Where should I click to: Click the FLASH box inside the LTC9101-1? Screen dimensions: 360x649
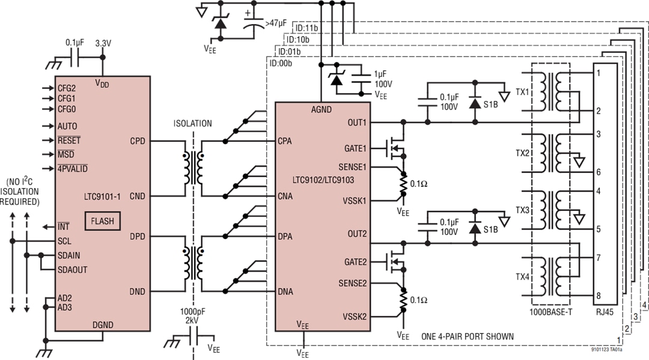pyautogui.click(x=103, y=221)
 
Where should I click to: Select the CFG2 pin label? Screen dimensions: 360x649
pyautogui.click(x=67, y=87)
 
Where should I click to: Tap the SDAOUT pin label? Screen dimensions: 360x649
pyautogui.click(x=73, y=270)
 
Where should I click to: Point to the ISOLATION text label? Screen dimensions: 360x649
pyautogui.click(x=193, y=124)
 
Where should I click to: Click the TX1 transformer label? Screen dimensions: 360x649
pyautogui.click(x=523, y=93)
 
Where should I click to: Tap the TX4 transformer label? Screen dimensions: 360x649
pyautogui.click(x=523, y=277)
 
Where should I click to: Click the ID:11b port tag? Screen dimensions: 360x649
pyautogui.click(x=306, y=28)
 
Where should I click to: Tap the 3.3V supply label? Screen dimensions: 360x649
pyautogui.click(x=104, y=44)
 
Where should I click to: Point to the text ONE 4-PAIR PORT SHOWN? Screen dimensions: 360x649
pyautogui.click(x=468, y=337)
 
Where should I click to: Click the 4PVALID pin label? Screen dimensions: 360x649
pyautogui.click(x=72, y=168)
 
